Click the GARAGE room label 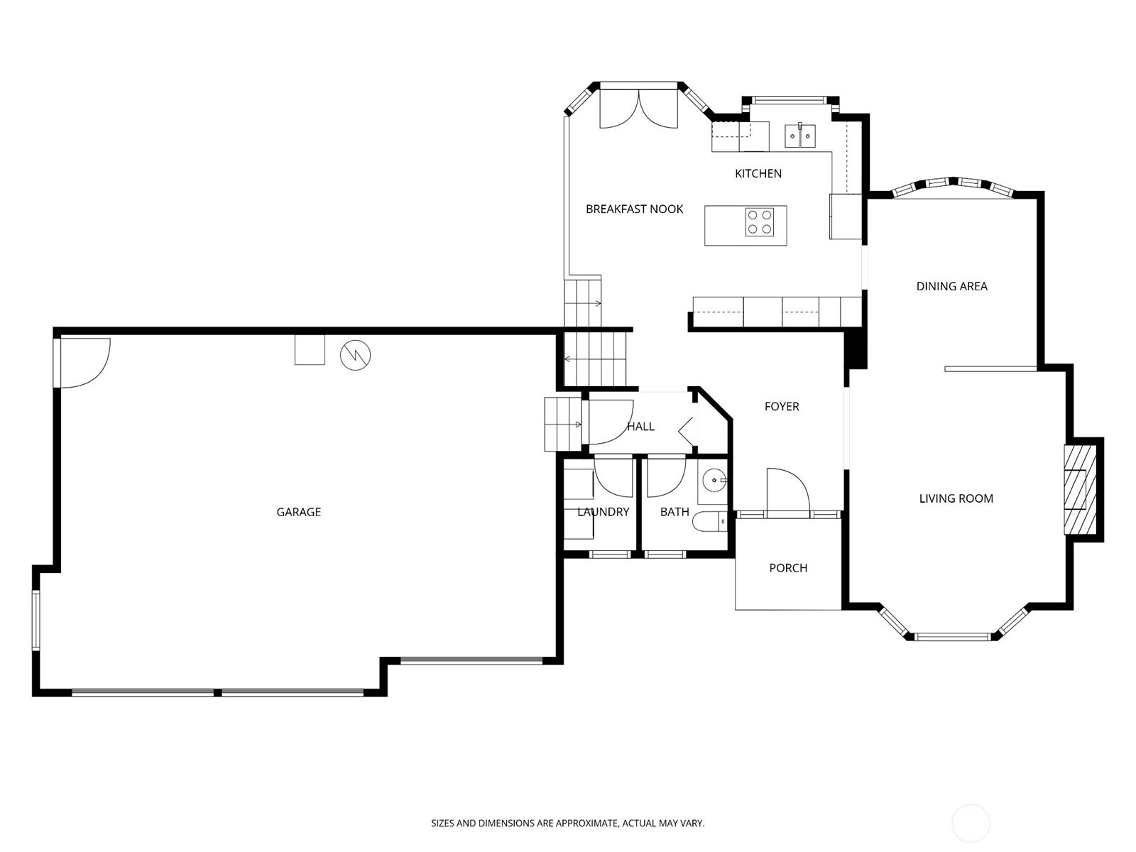298,512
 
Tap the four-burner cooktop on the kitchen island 759,222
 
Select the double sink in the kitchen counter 800,135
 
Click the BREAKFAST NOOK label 634,209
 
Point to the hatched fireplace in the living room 1079,489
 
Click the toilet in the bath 710,522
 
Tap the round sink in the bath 714,481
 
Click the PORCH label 788,568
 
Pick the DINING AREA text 951,286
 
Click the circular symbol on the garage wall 355,356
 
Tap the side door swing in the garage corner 83,362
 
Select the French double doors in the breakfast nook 639,108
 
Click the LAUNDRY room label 603,512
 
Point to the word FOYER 782,406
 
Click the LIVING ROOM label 956,498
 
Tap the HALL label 640,427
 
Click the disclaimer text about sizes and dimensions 567,824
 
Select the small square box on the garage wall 310,350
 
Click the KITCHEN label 758,173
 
